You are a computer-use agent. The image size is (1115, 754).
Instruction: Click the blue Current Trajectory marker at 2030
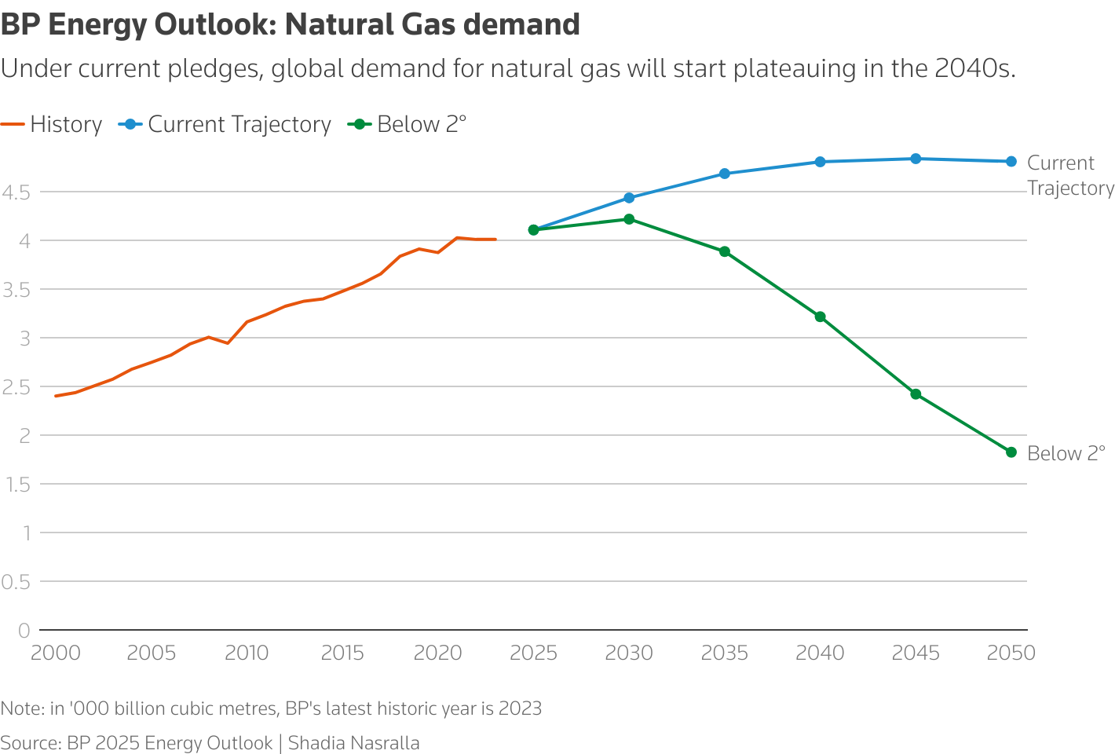pos(629,198)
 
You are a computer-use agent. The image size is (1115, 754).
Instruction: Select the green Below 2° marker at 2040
pos(820,317)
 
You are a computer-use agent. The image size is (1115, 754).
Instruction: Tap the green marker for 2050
pos(1011,452)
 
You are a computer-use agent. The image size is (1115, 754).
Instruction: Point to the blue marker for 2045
pos(916,159)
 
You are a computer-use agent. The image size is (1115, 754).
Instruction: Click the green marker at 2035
pos(725,252)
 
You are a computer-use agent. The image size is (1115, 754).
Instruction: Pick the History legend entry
pos(52,125)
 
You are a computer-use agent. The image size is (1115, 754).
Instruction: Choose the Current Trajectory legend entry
pos(225,125)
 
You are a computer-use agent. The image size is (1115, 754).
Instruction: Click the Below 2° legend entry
pos(408,125)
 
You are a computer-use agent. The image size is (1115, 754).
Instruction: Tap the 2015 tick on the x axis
pos(342,653)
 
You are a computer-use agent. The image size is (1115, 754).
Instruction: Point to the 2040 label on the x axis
pos(820,653)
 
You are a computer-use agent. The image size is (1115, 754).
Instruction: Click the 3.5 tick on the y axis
pos(16,290)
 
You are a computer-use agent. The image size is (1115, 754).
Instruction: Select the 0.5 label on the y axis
pos(16,582)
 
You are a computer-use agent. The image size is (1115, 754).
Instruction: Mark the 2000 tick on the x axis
pos(56,653)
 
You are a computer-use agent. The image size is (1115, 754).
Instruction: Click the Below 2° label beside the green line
pos(1066,454)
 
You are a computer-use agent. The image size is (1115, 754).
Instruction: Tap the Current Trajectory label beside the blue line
pos(1069,175)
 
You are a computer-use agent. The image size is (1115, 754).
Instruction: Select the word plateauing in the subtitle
pos(793,69)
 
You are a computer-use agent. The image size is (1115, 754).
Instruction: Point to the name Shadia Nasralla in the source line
pos(353,743)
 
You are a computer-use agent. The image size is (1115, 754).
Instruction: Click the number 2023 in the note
pos(520,708)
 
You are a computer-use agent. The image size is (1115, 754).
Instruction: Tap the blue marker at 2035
pos(725,174)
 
